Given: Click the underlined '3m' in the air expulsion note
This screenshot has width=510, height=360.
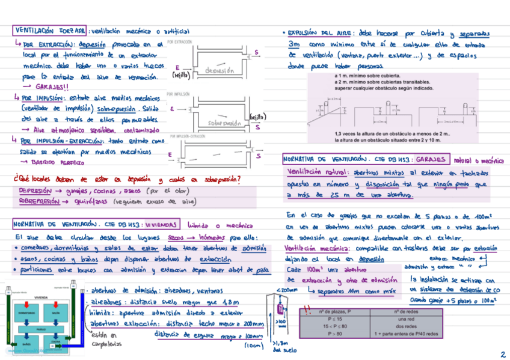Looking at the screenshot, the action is coord(294,44).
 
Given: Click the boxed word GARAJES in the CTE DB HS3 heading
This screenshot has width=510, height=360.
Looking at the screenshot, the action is coord(431,159).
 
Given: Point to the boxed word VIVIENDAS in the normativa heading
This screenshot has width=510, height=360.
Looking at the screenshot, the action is coord(158,225).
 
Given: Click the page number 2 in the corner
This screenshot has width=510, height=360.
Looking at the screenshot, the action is coord(502,354).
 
